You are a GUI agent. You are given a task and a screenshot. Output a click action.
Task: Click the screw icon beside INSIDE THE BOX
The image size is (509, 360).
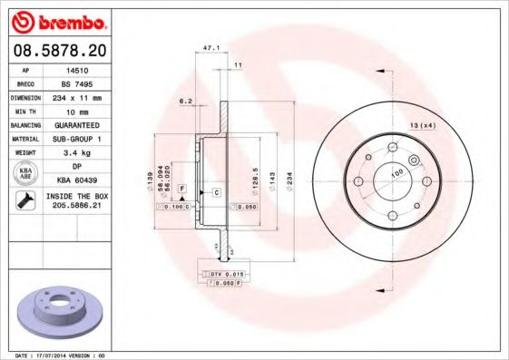(x=21, y=201)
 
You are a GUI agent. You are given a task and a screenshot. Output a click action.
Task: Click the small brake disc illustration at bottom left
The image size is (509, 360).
(x=59, y=311)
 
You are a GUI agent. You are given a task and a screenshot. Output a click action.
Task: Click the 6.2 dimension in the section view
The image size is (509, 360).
(x=185, y=101)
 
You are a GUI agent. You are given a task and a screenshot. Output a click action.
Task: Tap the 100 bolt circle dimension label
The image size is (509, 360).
(x=396, y=173)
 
